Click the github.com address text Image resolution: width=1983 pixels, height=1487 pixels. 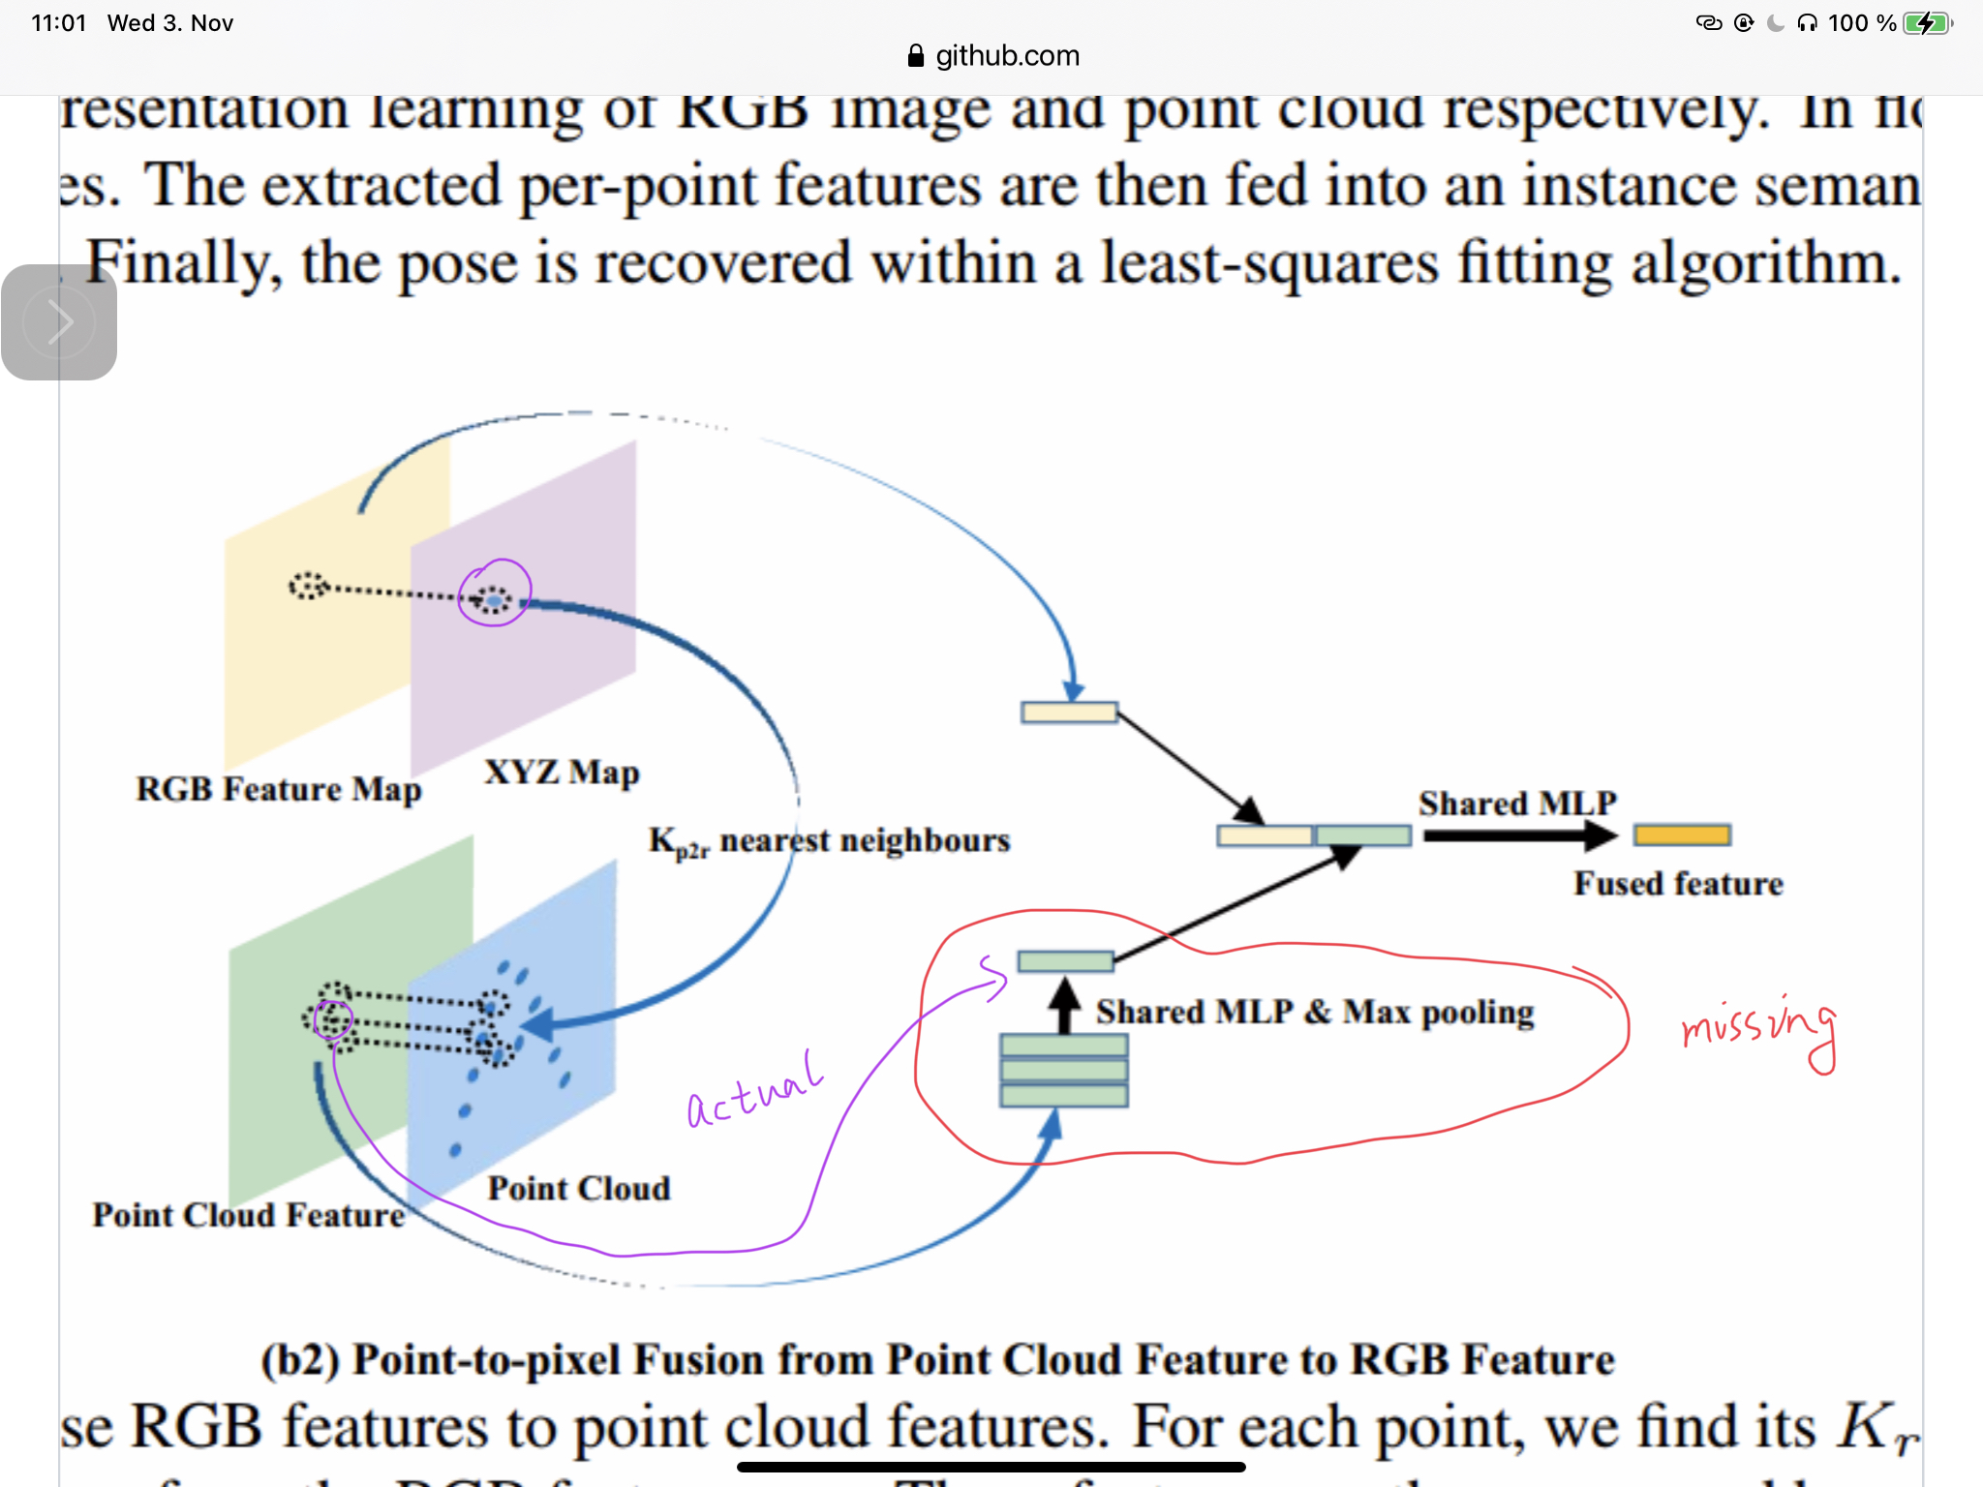coord(1007,56)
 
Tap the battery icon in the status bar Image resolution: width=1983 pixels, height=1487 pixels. coord(1927,23)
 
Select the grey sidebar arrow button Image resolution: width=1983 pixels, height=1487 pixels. coord(59,322)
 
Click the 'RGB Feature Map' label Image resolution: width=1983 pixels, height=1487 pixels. coord(279,789)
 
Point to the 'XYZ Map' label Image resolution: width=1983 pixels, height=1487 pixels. coord(562,773)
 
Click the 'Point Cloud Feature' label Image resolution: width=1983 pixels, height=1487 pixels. coord(248,1215)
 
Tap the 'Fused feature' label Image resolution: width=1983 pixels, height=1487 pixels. coord(1678,884)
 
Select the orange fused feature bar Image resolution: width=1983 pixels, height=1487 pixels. coord(1682,835)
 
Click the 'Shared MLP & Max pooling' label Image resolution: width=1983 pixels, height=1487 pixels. coord(1315,1013)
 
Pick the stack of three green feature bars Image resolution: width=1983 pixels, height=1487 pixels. coord(1064,1071)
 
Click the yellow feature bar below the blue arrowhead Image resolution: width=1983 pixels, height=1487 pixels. coord(1069,713)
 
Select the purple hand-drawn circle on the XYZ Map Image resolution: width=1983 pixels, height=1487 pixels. coord(495,592)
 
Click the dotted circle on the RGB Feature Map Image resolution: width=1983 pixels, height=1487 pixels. coord(309,586)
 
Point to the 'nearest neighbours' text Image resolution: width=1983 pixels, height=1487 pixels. coord(865,840)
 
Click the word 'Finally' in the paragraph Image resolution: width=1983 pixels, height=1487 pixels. coord(184,263)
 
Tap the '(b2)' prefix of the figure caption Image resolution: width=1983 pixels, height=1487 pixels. coord(300,1359)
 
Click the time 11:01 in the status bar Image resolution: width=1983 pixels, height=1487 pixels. coord(59,23)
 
